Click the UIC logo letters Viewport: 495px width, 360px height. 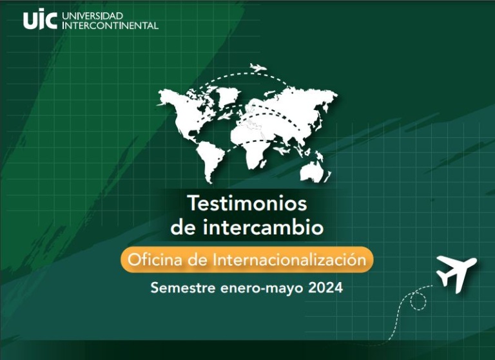(40, 20)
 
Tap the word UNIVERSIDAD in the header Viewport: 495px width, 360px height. (92, 15)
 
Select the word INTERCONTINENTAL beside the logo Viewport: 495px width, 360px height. (110, 25)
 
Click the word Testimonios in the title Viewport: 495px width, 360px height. (247, 204)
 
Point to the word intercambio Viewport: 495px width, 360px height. (263, 227)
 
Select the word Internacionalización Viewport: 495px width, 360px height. (289, 260)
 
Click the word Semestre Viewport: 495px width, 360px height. (183, 288)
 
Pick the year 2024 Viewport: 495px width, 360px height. (325, 288)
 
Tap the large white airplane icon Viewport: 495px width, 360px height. (456, 273)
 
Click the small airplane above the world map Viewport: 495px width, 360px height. (258, 67)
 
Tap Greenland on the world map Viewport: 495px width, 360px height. (228, 95)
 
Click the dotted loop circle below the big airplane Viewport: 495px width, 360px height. (418, 301)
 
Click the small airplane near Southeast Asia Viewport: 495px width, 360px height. (282, 151)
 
